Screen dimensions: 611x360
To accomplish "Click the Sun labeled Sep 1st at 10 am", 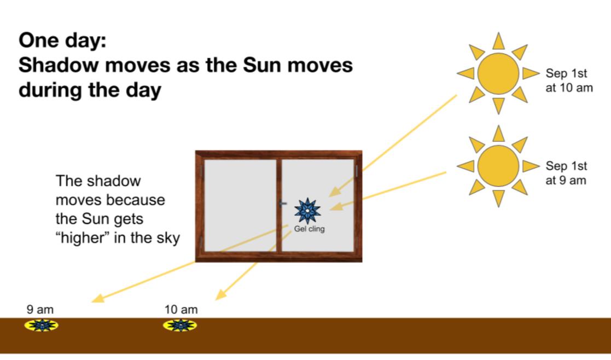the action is (498, 73).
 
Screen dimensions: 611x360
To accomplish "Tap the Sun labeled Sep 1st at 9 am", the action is (498, 166).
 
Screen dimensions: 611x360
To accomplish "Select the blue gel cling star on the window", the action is (307, 211).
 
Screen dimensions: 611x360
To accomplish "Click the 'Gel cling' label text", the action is (310, 229).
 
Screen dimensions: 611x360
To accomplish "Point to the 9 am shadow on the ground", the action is (42, 325).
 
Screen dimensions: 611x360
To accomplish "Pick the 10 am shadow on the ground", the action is (179, 325).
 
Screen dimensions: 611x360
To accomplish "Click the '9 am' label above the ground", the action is (40, 310).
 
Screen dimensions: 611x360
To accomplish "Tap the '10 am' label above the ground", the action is (181, 310).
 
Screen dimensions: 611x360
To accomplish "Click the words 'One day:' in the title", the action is (62, 40).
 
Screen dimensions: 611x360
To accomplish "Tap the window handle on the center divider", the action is (282, 204).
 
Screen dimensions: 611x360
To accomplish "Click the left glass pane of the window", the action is (240, 205).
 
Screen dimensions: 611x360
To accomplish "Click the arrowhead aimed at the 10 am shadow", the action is (220, 294).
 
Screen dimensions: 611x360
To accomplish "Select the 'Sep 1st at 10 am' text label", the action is (569, 80).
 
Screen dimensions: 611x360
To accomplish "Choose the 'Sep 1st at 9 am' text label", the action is (566, 173).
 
